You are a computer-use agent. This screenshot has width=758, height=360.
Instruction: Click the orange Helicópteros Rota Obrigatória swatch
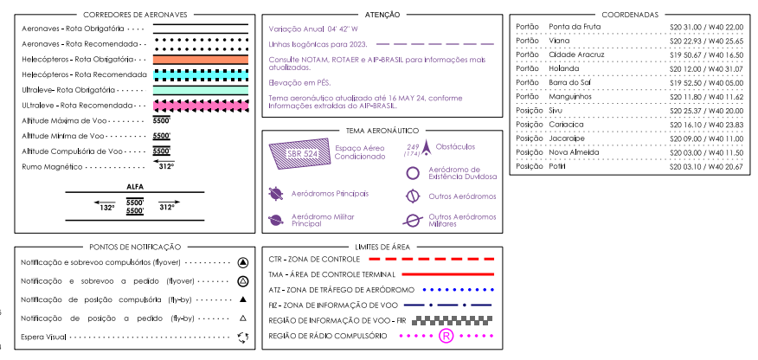201,59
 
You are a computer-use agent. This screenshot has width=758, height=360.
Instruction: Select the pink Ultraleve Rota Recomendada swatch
201,106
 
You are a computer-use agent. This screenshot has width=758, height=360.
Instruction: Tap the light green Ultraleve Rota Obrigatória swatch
201,90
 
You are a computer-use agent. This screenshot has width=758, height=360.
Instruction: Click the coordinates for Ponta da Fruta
706,27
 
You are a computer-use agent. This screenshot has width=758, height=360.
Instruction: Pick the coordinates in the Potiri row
706,165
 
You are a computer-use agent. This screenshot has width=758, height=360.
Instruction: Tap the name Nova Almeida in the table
573,151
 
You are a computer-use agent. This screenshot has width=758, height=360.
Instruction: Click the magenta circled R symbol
446,336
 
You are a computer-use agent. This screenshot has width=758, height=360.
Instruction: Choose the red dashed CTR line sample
431,259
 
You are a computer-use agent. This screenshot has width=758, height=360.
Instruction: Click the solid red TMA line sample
431,273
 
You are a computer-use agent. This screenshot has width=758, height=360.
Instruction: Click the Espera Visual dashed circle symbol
243,337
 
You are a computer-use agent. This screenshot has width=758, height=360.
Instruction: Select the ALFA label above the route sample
135,186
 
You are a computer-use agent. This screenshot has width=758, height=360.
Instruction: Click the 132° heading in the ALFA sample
106,208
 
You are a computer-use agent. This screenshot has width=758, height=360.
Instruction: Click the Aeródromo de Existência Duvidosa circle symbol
413,172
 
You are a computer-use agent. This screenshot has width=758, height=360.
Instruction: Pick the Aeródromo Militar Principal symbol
275,221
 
